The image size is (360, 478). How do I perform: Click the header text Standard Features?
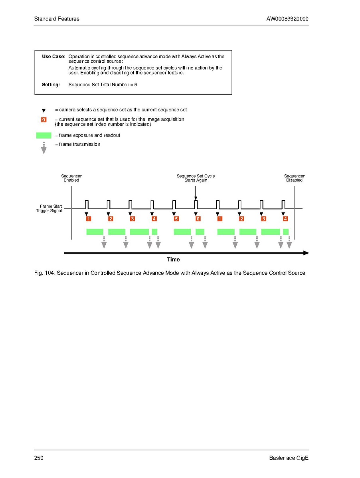tap(57, 19)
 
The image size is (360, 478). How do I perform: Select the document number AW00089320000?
tap(287, 19)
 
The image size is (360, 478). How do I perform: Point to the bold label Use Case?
tap(53, 57)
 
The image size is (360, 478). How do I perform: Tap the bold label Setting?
tap(51, 85)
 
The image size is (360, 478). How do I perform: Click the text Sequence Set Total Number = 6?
tap(103, 85)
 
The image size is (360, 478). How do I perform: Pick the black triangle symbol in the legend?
tap(44, 110)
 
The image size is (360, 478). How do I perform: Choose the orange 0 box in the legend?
tap(44, 120)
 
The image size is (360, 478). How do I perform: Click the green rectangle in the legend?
tap(44, 135)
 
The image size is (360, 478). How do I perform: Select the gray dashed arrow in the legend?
tap(44, 148)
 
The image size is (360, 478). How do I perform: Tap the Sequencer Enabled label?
tap(71, 178)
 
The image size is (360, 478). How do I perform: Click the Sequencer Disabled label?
tap(294, 178)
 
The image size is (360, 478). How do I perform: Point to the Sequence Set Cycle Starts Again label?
tap(196, 178)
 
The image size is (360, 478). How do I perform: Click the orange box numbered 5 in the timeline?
tap(176, 219)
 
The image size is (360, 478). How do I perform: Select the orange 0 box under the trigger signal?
tap(198, 219)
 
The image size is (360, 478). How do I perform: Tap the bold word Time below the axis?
tap(173, 260)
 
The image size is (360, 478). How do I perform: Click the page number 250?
tap(39, 458)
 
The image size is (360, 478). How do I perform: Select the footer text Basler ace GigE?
tap(289, 458)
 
